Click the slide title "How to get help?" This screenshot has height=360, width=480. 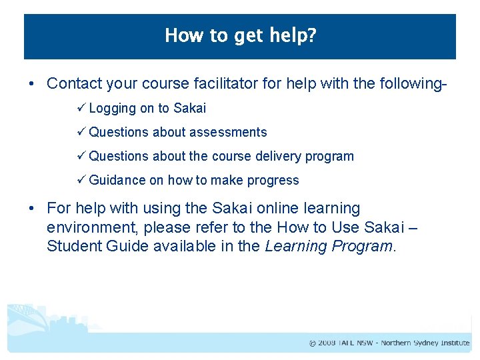click(x=240, y=35)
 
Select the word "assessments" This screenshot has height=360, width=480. click(x=228, y=132)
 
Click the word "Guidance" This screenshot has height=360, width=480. click(x=117, y=180)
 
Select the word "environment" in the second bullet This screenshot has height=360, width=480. click(x=89, y=227)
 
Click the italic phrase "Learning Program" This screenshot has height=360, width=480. click(x=329, y=246)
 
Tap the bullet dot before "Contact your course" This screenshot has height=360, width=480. click(x=31, y=84)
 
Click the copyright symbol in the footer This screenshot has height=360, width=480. click(x=312, y=343)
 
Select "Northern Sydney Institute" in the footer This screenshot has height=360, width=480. click(x=425, y=343)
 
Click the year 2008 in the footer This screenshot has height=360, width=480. click(x=326, y=343)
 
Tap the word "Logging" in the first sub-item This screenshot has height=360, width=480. click(x=112, y=108)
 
